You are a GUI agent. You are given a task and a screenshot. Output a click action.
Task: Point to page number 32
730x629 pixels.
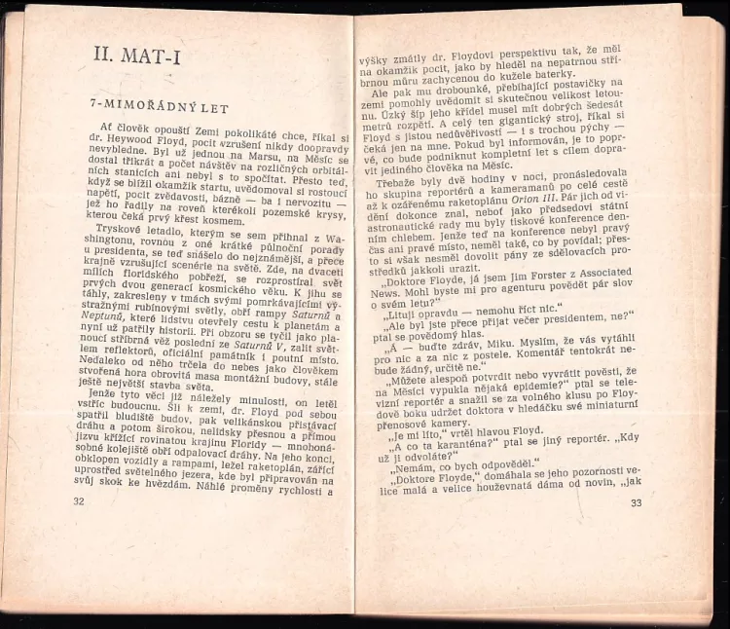[x=80, y=501]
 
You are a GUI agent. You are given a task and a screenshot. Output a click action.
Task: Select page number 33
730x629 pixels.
[x=637, y=502]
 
